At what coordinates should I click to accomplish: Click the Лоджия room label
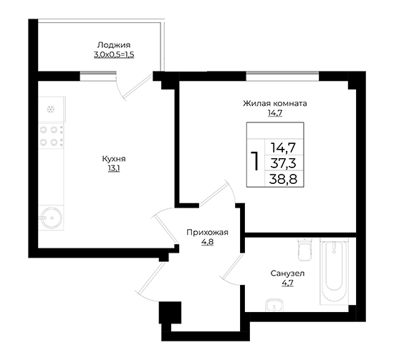click(114, 45)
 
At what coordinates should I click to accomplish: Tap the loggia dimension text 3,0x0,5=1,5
click(114, 54)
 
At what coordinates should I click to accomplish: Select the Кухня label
click(114, 159)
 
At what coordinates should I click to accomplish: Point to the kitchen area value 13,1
click(114, 169)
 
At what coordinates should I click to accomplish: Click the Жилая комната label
click(275, 104)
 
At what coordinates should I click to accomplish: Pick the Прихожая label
click(207, 233)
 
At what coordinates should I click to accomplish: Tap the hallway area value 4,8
click(207, 242)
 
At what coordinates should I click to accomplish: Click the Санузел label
click(287, 273)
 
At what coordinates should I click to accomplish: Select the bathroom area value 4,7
click(288, 283)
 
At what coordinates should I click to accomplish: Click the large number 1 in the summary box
click(256, 161)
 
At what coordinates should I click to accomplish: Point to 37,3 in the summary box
click(283, 163)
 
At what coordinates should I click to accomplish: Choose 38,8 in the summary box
click(283, 179)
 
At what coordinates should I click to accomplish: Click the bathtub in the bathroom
click(334, 272)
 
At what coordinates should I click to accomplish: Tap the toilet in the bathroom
click(304, 249)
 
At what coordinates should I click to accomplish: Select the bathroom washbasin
click(274, 306)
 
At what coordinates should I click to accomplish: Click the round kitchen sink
click(52, 218)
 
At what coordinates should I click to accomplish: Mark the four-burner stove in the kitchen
click(51, 136)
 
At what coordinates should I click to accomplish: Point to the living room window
click(282, 76)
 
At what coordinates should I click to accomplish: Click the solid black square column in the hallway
click(170, 313)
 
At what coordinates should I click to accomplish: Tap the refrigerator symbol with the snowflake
click(52, 110)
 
